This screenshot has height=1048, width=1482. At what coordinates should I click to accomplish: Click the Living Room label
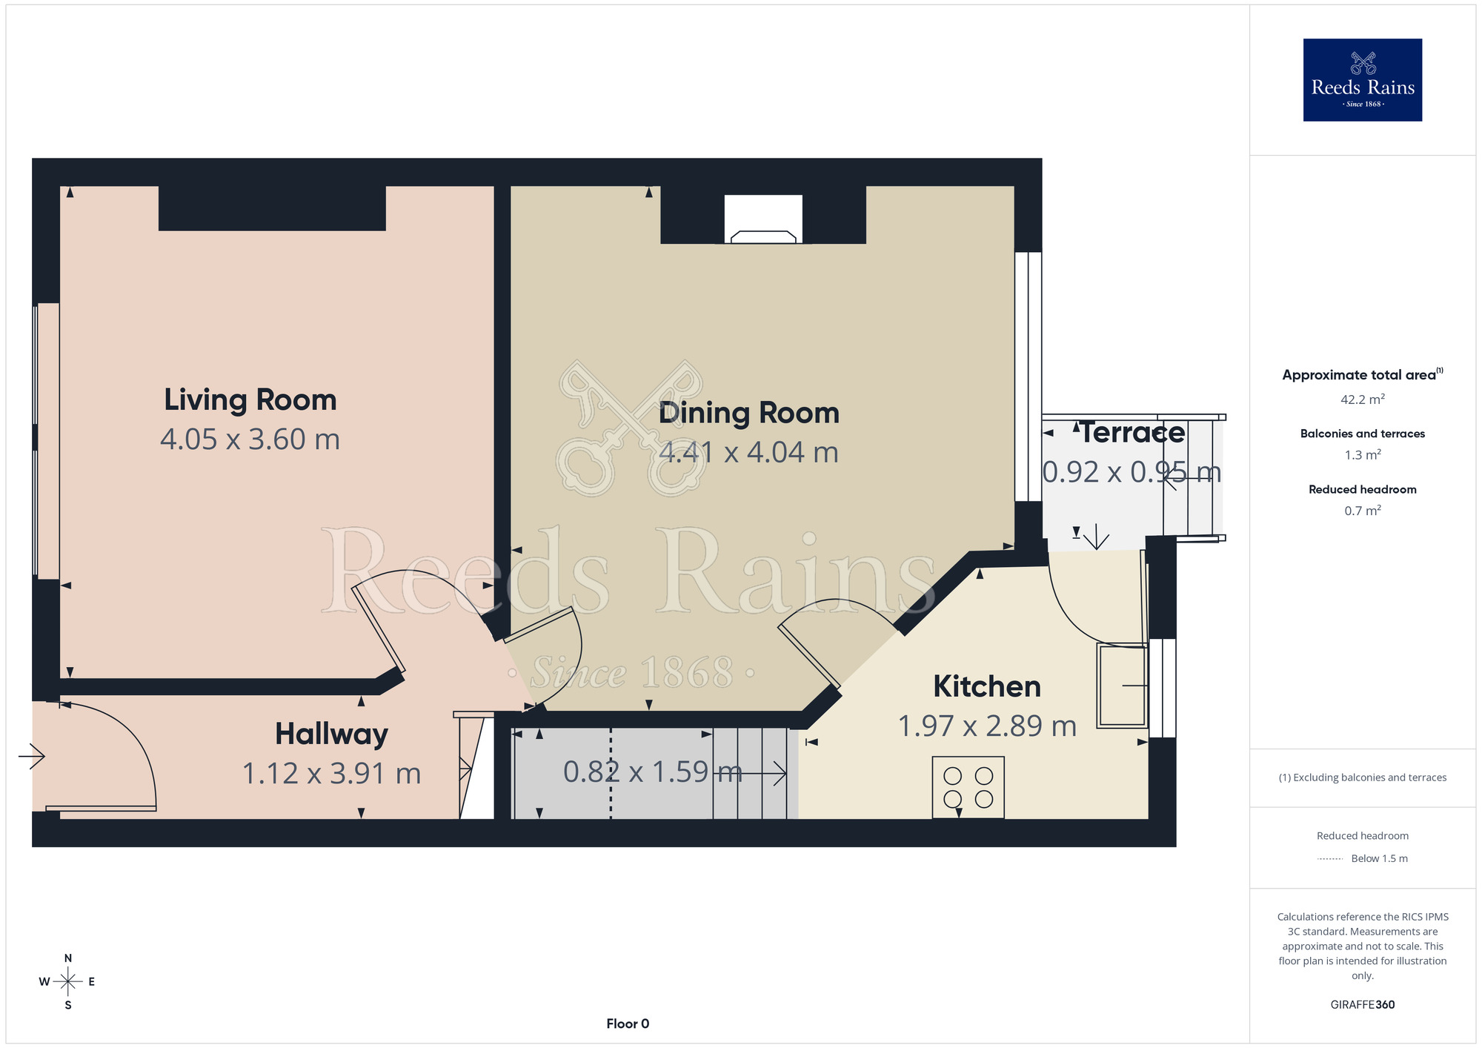[250, 400]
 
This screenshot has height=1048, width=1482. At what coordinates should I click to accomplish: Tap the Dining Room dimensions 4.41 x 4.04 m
[748, 452]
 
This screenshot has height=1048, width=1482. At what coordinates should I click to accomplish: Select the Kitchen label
[987, 686]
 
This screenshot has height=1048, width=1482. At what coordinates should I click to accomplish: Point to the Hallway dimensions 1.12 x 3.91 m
[331, 773]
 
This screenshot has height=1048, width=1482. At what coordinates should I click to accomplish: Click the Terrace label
[1132, 433]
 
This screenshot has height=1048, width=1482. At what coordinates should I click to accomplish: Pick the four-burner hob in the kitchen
[968, 787]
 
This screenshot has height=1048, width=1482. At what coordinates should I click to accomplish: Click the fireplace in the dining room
[763, 219]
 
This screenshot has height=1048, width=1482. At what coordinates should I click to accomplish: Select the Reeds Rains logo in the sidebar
[1362, 80]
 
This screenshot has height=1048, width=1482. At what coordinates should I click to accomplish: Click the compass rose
[68, 982]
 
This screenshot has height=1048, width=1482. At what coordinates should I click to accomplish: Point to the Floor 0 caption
[628, 1024]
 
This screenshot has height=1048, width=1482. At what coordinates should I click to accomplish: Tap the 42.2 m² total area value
[1362, 399]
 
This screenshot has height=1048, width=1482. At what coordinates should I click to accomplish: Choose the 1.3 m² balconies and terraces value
[1362, 455]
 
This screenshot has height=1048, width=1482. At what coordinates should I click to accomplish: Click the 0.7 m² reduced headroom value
[1362, 511]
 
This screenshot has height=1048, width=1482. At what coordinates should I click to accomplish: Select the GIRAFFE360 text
[1362, 1005]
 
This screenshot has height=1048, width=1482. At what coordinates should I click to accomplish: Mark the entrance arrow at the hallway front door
[32, 757]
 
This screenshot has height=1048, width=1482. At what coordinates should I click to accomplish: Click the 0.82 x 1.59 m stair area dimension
[652, 772]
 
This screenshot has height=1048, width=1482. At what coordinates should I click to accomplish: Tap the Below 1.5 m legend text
[1379, 858]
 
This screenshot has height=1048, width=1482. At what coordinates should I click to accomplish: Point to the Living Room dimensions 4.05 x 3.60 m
[250, 440]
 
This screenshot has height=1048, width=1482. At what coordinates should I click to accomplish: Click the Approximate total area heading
[1362, 374]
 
